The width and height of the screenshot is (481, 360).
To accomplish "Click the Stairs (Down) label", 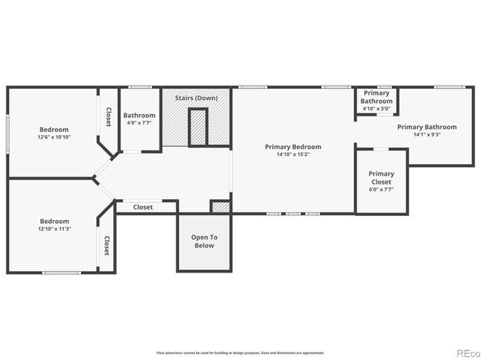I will [x=195, y=99].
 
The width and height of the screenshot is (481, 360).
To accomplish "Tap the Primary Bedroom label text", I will [x=293, y=146].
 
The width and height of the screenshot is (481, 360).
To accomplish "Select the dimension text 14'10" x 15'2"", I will [x=293, y=155].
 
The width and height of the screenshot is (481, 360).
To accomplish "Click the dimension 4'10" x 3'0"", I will [x=377, y=108].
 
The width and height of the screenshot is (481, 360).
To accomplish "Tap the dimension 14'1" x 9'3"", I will [x=427, y=135].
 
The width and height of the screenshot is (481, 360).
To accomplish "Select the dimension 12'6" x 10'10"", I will [x=54, y=138].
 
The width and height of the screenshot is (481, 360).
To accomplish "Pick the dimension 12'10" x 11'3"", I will [x=55, y=229].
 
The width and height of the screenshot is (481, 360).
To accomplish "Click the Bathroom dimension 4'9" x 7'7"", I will [x=139, y=124].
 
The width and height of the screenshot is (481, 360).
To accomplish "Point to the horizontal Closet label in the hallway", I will [x=143, y=207].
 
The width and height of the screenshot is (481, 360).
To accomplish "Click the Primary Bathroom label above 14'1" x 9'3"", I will [x=427, y=127].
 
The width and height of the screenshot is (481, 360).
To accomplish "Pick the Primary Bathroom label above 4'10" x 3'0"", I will [x=377, y=96].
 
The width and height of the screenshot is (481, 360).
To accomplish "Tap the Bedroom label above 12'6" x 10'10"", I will [x=54, y=129].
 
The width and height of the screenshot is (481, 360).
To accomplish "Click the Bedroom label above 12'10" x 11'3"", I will [x=55, y=221].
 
